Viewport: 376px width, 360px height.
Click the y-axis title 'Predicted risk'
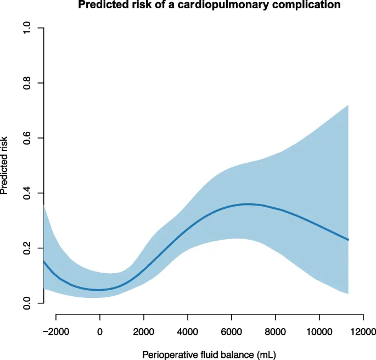point(5,165)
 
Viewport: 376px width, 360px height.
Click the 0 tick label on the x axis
point(100,331)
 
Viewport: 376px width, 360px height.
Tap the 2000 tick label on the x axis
point(144,331)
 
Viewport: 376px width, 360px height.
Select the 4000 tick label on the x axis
point(188,331)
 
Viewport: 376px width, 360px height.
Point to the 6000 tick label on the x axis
point(232,331)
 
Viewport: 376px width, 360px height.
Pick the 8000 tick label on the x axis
point(276,331)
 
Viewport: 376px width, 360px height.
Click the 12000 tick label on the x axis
point(363,331)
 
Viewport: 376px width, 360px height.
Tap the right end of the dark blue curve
point(348,240)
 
